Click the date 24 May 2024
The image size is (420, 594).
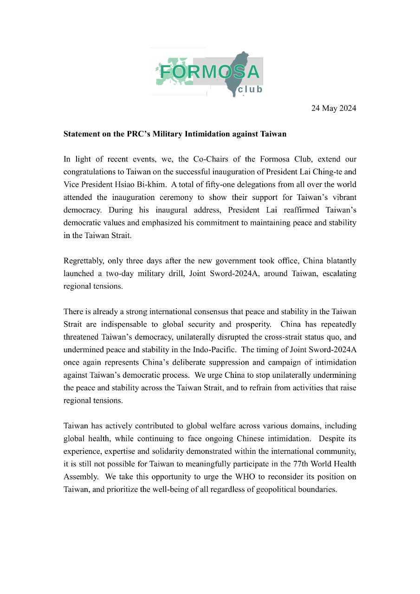[333, 109]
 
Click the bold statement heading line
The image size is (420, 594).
[174, 134]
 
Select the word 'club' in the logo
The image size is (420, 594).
[250, 90]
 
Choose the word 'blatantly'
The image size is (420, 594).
[340, 261]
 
